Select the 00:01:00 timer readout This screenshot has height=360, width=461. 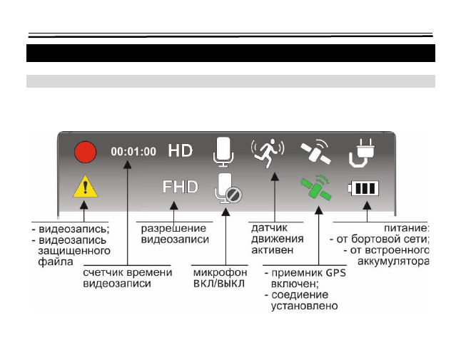(x=133, y=152)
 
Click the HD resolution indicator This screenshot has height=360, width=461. (x=180, y=151)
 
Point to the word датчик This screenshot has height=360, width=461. (x=268, y=228)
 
